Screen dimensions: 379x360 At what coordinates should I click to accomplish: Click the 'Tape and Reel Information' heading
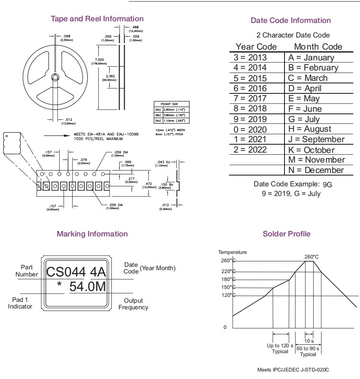[x=97, y=19]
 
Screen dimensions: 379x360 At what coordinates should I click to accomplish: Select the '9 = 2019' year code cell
[x=250, y=119]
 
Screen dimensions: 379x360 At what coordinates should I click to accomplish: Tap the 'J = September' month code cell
[x=316, y=139]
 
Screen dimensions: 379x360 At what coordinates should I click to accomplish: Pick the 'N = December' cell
[x=316, y=170]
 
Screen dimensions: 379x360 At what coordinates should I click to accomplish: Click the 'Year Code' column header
[x=256, y=47]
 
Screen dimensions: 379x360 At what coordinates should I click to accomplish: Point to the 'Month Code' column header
[x=318, y=47]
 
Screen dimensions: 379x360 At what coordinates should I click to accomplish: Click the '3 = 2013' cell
[x=250, y=58]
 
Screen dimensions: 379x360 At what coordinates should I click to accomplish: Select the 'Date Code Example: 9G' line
[x=293, y=184]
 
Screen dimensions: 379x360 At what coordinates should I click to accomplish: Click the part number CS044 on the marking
[x=66, y=272]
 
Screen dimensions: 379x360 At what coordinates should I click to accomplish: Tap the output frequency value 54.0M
[x=87, y=287]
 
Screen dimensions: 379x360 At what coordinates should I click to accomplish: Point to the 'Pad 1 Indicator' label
[x=20, y=303]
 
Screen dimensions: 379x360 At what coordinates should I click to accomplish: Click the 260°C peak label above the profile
[x=311, y=257]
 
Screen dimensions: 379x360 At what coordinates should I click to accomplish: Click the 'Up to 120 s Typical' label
[x=280, y=349]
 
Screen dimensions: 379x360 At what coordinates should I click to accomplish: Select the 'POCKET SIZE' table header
[x=172, y=103]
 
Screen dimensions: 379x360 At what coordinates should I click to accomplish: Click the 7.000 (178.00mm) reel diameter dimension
[x=99, y=61]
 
